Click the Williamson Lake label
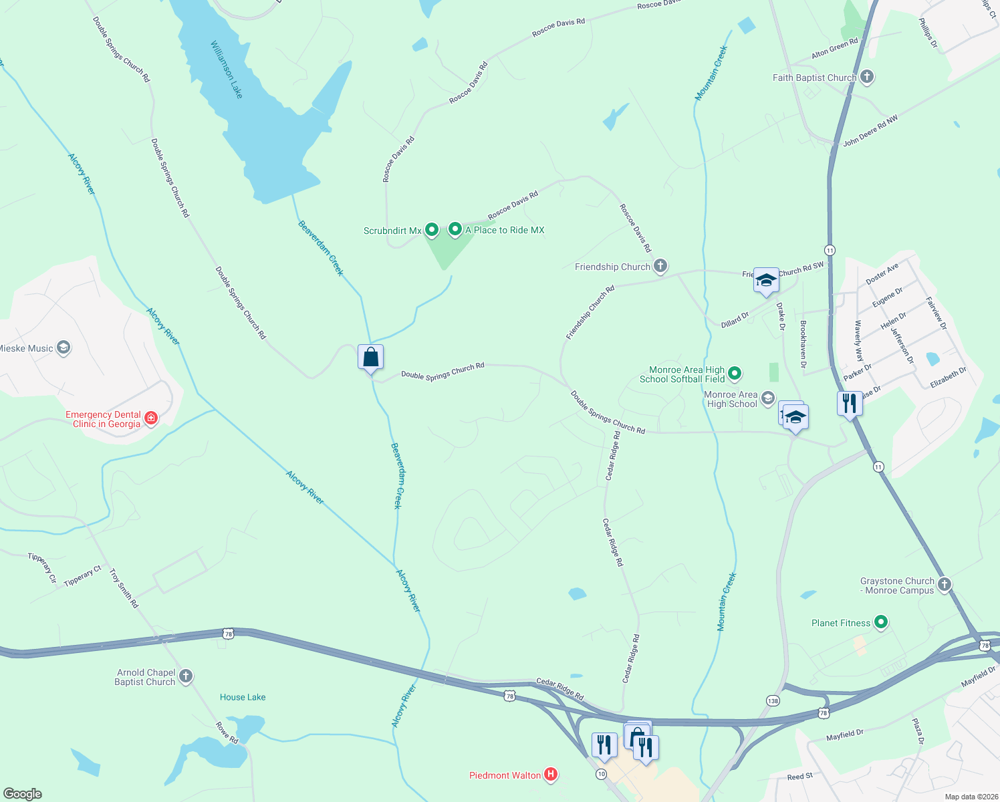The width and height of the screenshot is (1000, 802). click(x=227, y=70)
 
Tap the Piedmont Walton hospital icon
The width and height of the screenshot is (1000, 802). click(x=551, y=775)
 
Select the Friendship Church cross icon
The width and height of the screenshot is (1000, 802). click(x=660, y=267)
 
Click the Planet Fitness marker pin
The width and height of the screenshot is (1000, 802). click(x=881, y=623)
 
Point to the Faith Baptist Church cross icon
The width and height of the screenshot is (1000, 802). click(x=867, y=78)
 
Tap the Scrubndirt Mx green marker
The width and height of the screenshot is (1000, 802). click(x=432, y=230)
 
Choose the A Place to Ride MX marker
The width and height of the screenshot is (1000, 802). click(x=455, y=229)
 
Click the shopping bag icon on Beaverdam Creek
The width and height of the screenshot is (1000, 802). click(x=370, y=358)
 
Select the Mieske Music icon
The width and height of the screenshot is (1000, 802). click(x=64, y=348)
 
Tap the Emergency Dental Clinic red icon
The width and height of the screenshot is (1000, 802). click(x=152, y=418)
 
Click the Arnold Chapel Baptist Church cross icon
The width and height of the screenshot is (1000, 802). click(x=186, y=676)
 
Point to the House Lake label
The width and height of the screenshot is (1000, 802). click(x=243, y=697)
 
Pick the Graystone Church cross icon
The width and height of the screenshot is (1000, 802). click(x=944, y=585)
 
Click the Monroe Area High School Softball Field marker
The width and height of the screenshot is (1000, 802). click(x=735, y=374)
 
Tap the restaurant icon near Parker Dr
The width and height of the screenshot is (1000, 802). click(x=849, y=404)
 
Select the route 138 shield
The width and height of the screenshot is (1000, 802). click(x=773, y=700)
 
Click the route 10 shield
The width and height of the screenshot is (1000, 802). click(x=602, y=774)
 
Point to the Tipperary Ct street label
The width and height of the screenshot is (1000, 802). click(x=82, y=576)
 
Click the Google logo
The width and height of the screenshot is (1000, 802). click(x=23, y=793)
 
